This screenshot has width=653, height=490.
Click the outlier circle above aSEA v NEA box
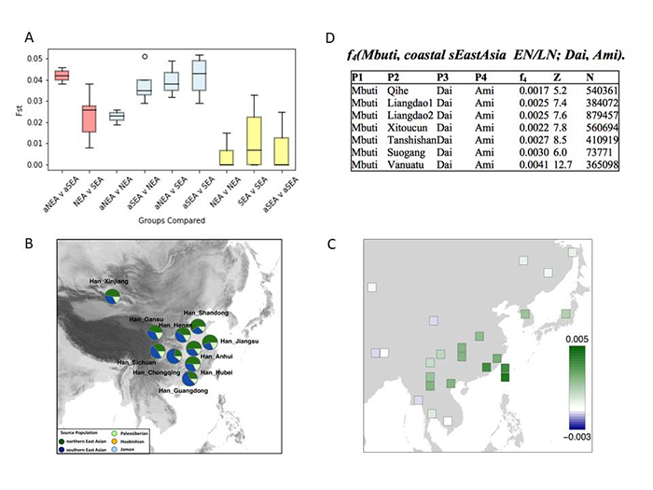pyautogui.click(x=144, y=56)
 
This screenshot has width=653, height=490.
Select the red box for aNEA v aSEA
pyautogui.click(x=62, y=76)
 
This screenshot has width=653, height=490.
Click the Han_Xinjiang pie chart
pyautogui.click(x=112, y=297)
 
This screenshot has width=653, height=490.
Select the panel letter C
pyautogui.click(x=333, y=245)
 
